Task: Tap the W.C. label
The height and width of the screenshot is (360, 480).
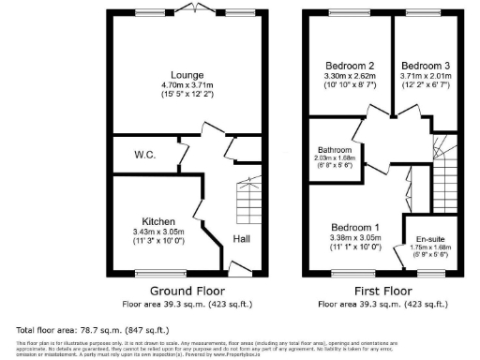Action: pyautogui.click(x=144, y=155)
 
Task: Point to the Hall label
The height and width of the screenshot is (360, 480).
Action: pyautogui.click(x=242, y=239)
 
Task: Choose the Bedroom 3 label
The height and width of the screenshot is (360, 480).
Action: pyautogui.click(x=427, y=66)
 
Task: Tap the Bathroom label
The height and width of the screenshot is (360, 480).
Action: pyautogui.click(x=335, y=150)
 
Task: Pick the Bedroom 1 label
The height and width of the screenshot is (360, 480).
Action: pyautogui.click(x=355, y=228)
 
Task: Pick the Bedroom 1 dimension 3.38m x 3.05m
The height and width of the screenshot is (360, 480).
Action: pyautogui.click(x=355, y=238)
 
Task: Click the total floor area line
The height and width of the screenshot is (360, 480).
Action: pyautogui.click(x=93, y=329)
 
